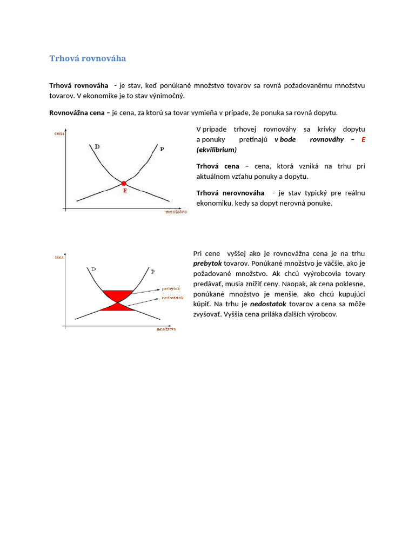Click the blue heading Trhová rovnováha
pyautogui.click(x=88, y=58)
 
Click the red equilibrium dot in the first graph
pyautogui.click(x=124, y=184)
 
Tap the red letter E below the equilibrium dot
pyautogui.click(x=125, y=191)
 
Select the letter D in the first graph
pyautogui.click(x=97, y=146)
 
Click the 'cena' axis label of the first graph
pyautogui.click(x=59, y=133)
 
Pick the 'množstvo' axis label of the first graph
pyautogui.click(x=176, y=212)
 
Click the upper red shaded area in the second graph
pyautogui.click(x=117, y=295)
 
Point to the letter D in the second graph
pyautogui.click(x=93, y=268)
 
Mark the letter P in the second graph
pyautogui.click(x=152, y=271)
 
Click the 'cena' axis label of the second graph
pyautogui.click(x=59, y=258)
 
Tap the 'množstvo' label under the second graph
pyautogui.click(x=166, y=328)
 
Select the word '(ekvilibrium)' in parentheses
pyautogui.click(x=216, y=150)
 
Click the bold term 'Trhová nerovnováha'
pyautogui.click(x=230, y=193)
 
